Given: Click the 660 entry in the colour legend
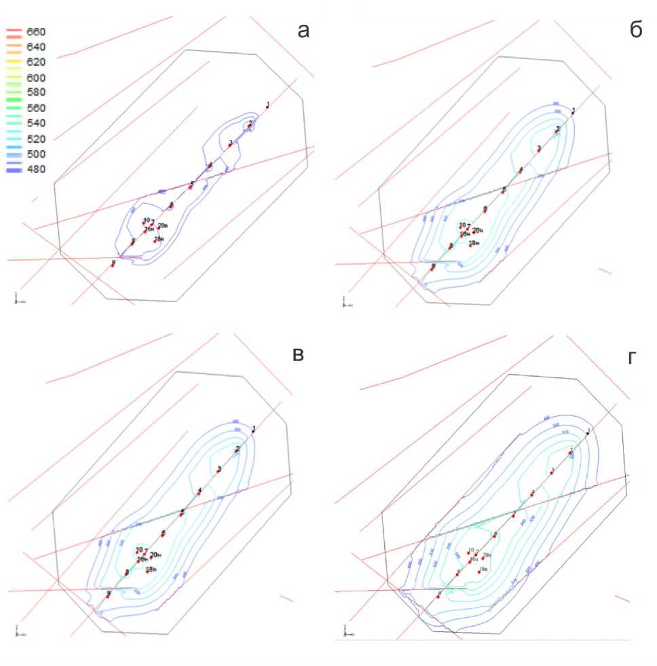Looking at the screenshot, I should click(x=35, y=32).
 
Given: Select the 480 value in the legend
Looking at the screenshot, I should click(x=35, y=169).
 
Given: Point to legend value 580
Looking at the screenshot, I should click(x=35, y=92).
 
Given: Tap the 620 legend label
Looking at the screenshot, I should click(x=35, y=62).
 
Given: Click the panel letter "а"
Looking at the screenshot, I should click(x=303, y=31).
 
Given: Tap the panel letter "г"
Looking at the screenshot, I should click(x=633, y=358).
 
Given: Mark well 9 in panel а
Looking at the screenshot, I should click(x=113, y=264).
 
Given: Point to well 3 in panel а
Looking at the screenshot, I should click(x=230, y=145).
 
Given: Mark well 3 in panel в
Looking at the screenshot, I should click(x=218, y=471).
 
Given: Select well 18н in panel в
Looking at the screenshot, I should click(x=147, y=571).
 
